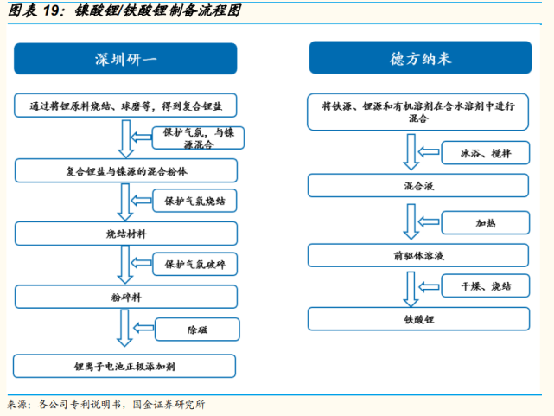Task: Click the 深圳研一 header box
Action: pyautogui.click(x=126, y=59)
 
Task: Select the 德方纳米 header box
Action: pyautogui.click(x=420, y=59)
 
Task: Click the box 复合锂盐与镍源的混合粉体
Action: pyautogui.click(x=126, y=171)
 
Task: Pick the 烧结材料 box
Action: pyautogui.click(x=126, y=234)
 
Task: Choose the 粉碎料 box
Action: pyautogui.click(x=126, y=297)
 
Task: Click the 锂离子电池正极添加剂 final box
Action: pyautogui.click(x=126, y=366)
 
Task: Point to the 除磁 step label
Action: pyautogui.click(x=198, y=330)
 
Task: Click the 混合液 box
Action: pyautogui.click(x=420, y=186)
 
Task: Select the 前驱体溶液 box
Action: pyautogui.click(x=420, y=255)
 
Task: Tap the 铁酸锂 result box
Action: pyautogui.click(x=420, y=319)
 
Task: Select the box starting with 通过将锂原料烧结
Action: pyautogui.click(x=126, y=106)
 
